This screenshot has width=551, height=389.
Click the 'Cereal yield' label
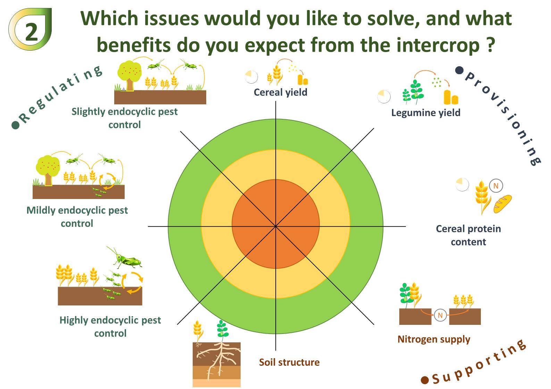(281, 92)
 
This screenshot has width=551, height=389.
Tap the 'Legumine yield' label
(426, 113)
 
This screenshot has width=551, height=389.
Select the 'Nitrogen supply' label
(434, 339)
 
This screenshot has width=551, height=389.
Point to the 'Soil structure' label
(289, 362)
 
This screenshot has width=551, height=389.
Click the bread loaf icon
(503, 204)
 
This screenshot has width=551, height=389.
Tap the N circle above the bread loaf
(496, 186)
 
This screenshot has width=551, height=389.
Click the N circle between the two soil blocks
(440, 315)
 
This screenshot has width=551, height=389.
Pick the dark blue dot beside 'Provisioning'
(459, 70)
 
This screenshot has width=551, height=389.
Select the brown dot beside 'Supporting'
(425, 380)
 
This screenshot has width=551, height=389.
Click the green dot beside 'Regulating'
(16, 125)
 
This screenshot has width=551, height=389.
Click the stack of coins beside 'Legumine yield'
(451, 97)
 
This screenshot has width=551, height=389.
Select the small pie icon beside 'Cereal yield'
(251, 77)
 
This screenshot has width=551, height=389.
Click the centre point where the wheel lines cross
(276, 226)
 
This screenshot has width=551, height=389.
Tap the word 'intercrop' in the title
(438, 45)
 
